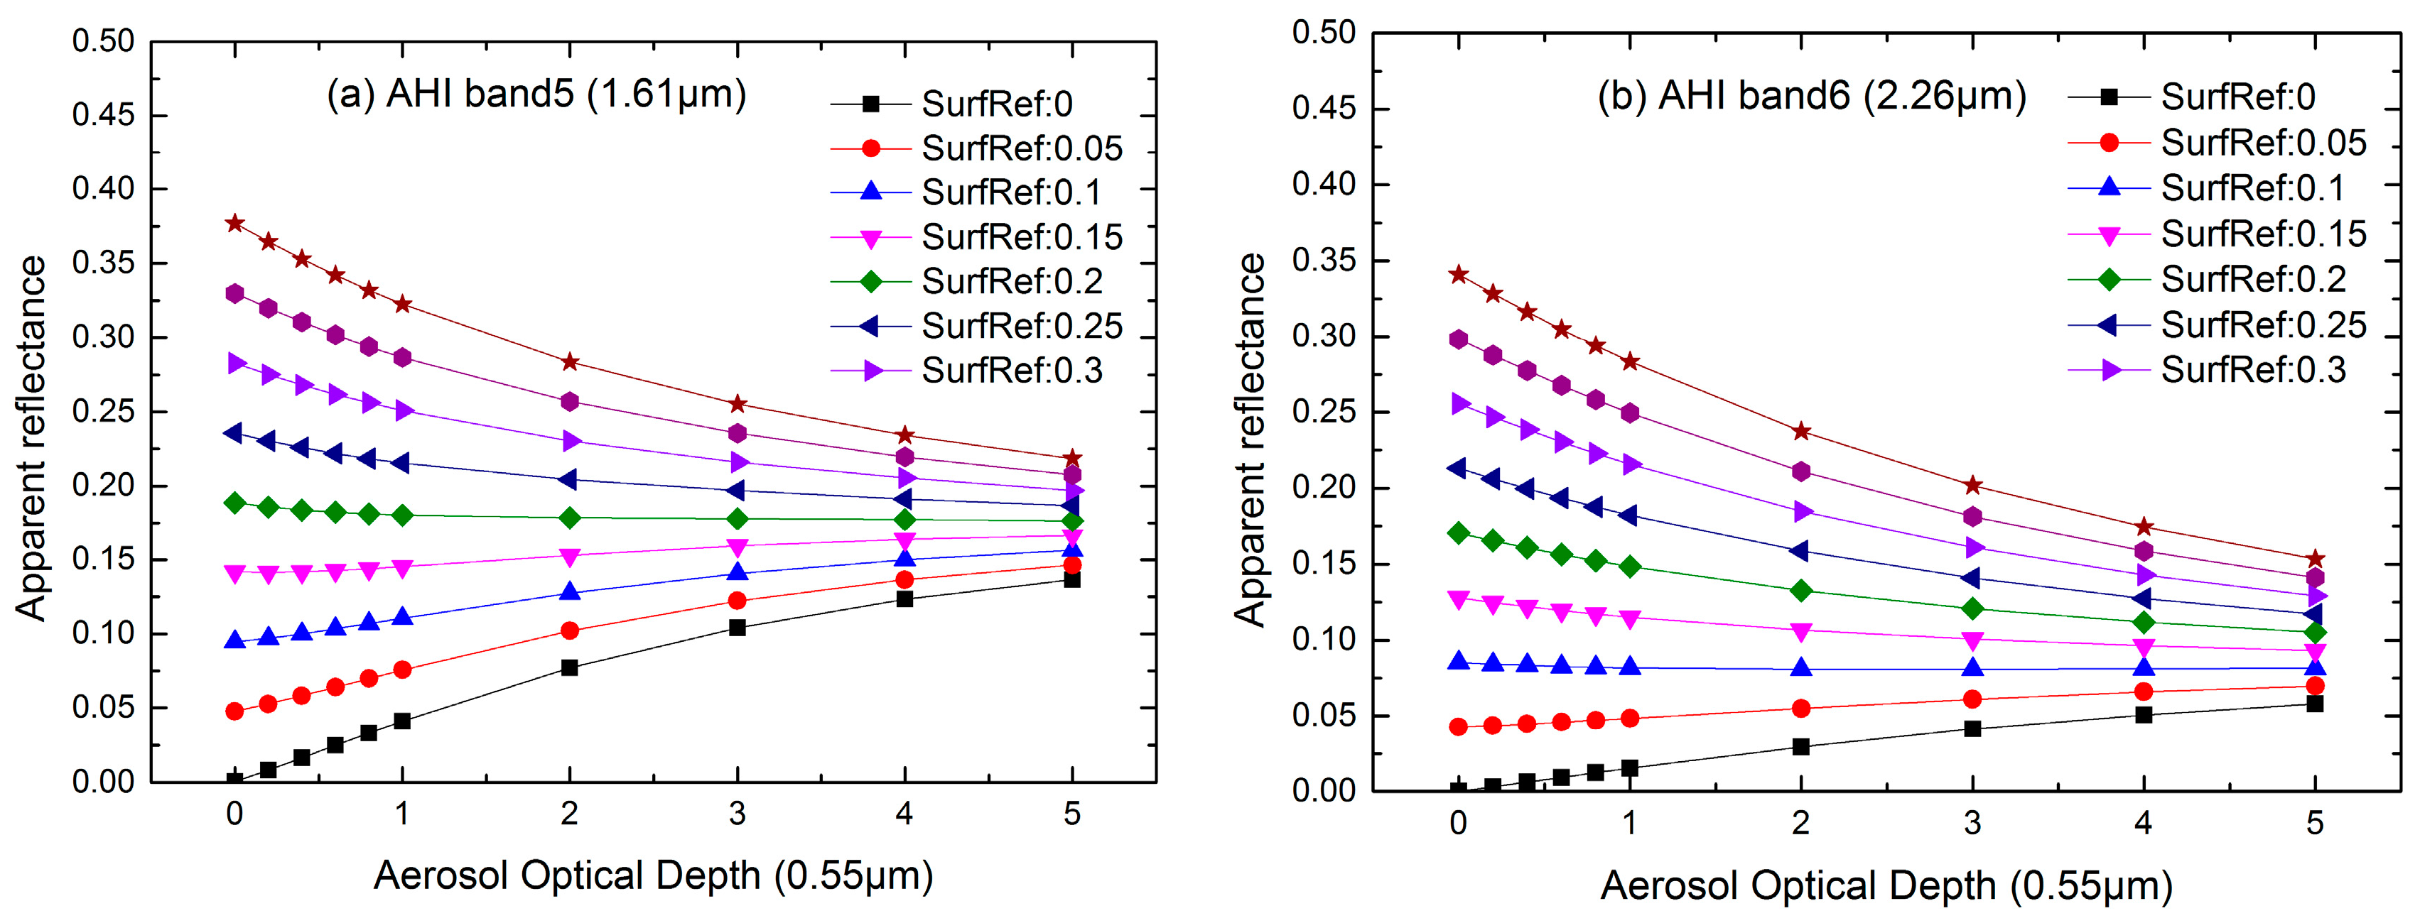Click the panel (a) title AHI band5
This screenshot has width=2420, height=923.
click(536, 95)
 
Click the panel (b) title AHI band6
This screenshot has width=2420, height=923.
click(1811, 97)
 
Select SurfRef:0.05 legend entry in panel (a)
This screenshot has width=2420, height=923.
click(1021, 148)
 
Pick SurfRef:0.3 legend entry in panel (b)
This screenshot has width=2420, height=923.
click(2253, 370)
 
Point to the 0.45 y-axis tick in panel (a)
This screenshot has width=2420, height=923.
click(103, 116)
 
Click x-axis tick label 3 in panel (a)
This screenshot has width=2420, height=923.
click(738, 813)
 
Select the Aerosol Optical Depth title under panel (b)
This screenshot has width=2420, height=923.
click(1886, 885)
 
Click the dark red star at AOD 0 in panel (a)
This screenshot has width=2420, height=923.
click(235, 224)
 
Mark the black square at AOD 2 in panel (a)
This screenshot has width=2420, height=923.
click(569, 667)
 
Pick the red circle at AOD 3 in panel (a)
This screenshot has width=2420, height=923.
click(738, 601)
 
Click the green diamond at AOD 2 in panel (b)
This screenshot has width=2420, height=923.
click(1801, 591)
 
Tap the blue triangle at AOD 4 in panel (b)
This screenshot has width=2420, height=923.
click(2144, 667)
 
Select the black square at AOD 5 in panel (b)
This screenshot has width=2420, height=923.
click(2315, 704)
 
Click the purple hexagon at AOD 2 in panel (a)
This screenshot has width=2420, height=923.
click(569, 402)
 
